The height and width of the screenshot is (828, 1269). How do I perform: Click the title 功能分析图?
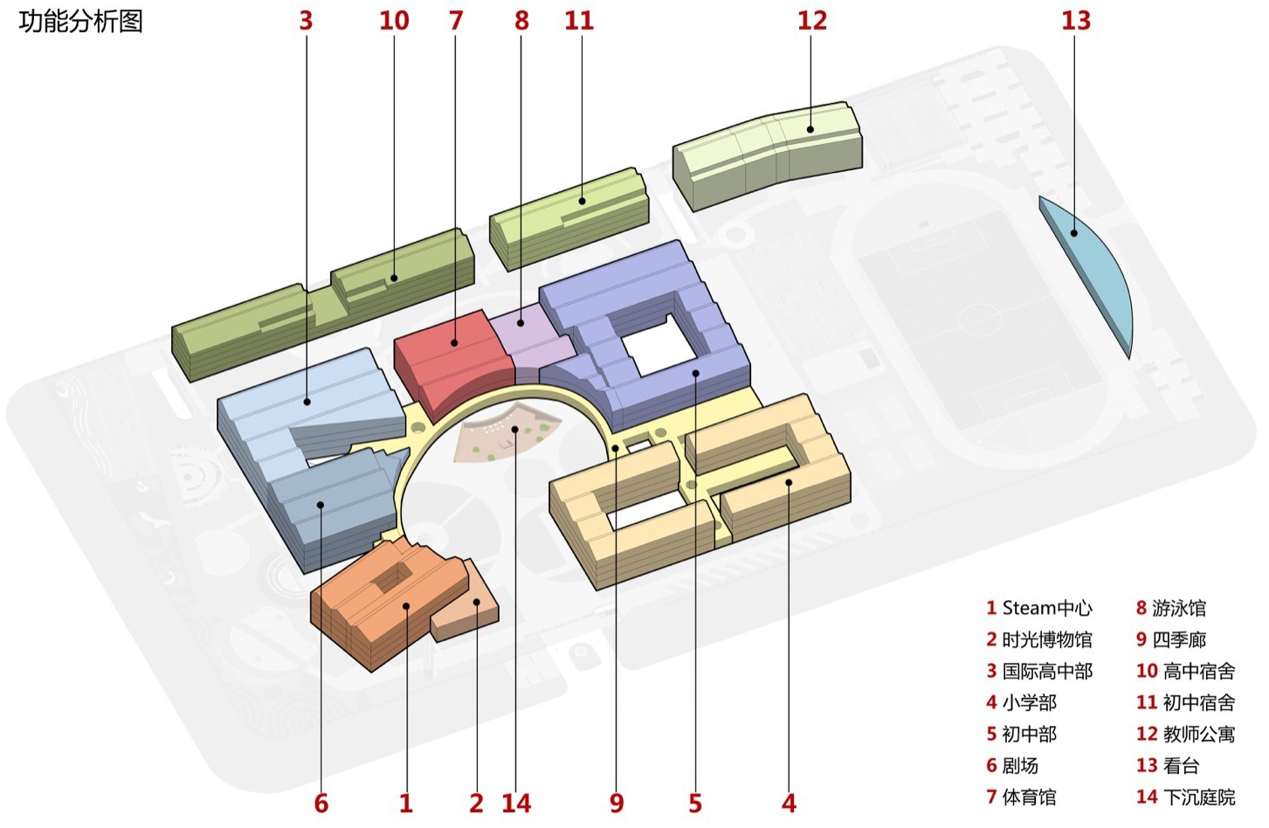pyautogui.click(x=80, y=22)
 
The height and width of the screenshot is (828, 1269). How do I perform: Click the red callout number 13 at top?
pyautogui.click(x=1076, y=20)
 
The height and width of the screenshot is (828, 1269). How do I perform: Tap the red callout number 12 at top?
pyautogui.click(x=812, y=20)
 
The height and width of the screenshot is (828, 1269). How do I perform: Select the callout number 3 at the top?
pyautogui.click(x=306, y=20)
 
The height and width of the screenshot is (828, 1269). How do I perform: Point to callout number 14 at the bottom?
pyautogui.click(x=516, y=803)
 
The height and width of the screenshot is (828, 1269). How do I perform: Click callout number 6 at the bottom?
pyautogui.click(x=321, y=803)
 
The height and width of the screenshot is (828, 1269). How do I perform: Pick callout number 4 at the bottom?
pyautogui.click(x=789, y=803)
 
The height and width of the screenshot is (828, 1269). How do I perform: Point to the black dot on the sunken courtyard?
pyautogui.click(x=515, y=429)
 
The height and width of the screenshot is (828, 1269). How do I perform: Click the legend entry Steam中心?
pyautogui.click(x=1039, y=608)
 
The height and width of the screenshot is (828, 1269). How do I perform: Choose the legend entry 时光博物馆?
pyautogui.click(x=1039, y=640)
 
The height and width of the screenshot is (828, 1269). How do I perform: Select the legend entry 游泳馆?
pyautogui.click(x=1171, y=608)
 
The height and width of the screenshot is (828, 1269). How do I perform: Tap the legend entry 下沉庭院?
pyautogui.click(x=1186, y=797)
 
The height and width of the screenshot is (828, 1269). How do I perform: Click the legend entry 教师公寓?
pyautogui.click(x=1186, y=735)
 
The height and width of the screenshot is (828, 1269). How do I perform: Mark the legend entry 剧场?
pyautogui.click(x=1012, y=766)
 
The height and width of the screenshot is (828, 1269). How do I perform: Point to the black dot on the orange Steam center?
pyautogui.click(x=406, y=606)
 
